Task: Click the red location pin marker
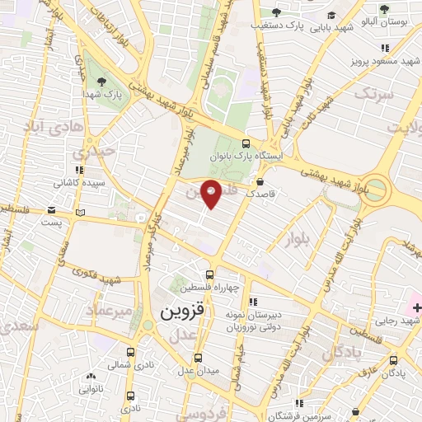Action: click(212, 193)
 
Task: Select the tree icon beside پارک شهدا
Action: click(102, 81)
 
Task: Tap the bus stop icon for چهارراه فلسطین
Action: click(210, 274)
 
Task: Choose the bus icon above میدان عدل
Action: click(198, 359)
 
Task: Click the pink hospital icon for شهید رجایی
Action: click(415, 298)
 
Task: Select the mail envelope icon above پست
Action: click(53, 210)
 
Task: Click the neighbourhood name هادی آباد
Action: click(49, 130)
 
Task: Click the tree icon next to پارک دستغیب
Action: click(276, 12)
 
